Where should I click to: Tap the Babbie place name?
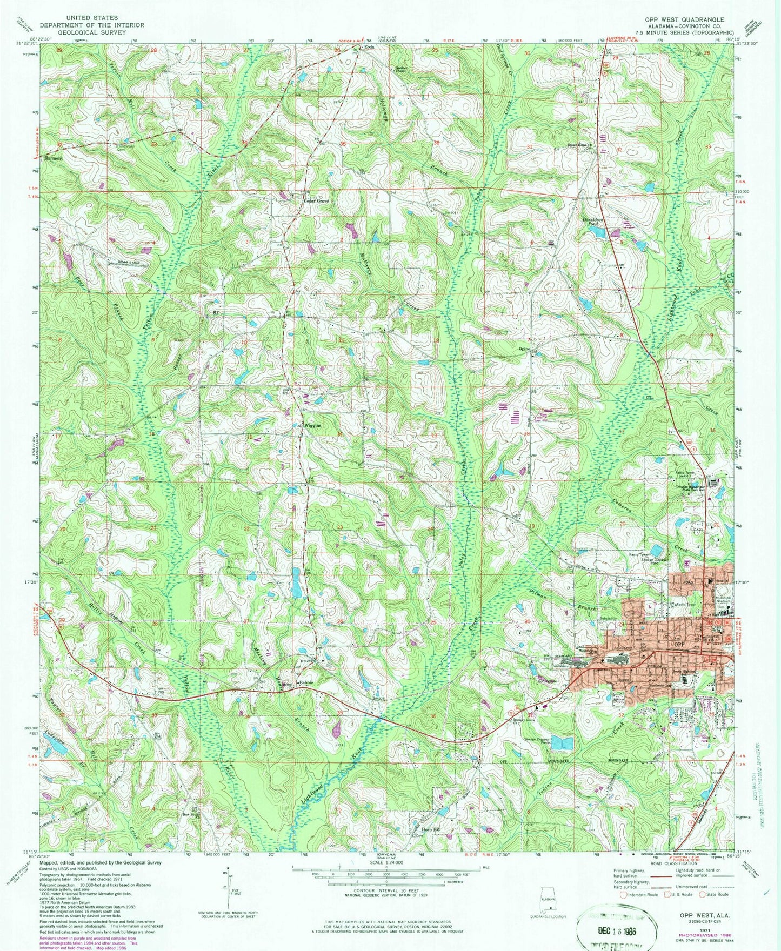click(307, 682)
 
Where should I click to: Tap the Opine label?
click(524, 349)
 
